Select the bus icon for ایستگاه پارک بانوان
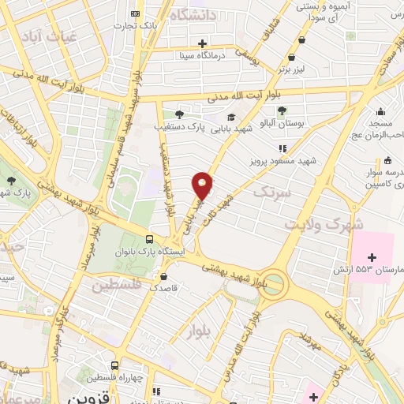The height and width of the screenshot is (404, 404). click(150, 239)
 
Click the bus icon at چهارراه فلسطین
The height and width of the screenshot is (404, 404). click(115, 366)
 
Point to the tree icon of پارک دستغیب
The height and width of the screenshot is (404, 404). click(179, 114)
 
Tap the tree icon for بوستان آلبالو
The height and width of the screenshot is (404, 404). click(282, 110)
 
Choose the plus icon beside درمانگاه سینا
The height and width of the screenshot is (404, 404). click(203, 43)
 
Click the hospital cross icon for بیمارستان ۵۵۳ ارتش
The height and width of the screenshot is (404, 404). click(372, 256)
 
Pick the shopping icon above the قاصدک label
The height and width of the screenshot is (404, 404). click(163, 277)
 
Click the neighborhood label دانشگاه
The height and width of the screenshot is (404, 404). click(191, 15)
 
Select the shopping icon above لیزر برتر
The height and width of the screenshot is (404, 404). click(293, 57)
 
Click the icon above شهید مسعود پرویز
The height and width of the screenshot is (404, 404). click(282, 148)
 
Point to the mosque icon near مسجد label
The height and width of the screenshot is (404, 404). click(381, 111)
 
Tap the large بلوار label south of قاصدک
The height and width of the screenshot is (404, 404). click(200, 332)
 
